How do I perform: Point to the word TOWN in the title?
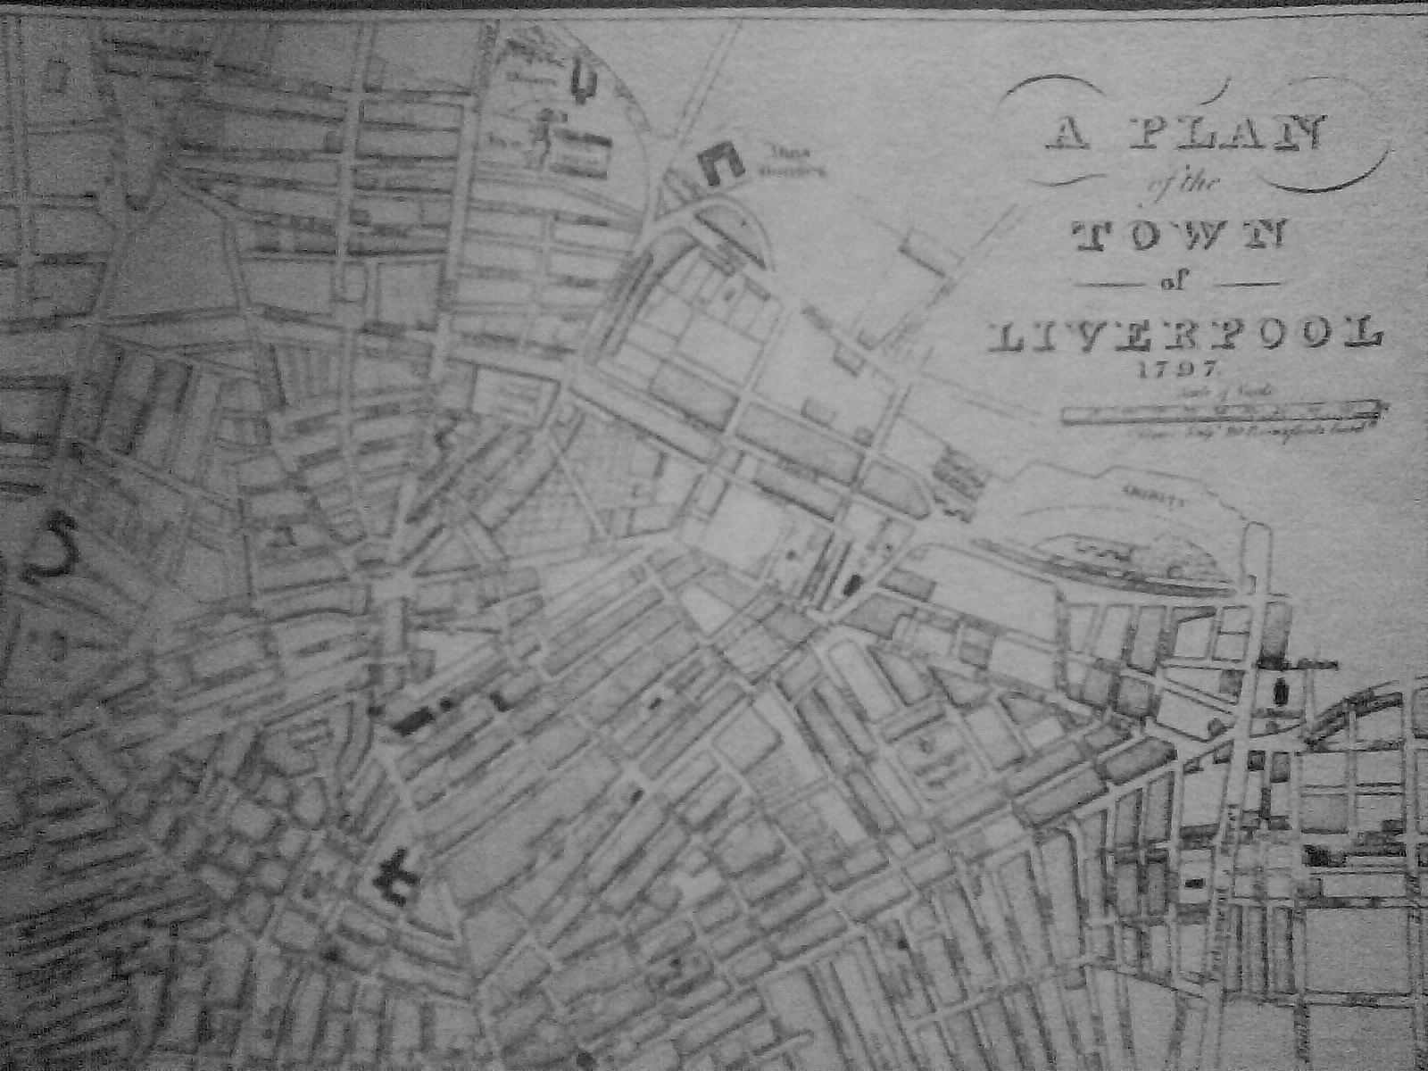[x=1179, y=234]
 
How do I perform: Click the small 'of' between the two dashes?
[x=1175, y=284]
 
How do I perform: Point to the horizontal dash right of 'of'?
[x=1241, y=285]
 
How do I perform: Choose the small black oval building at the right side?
[x=1283, y=692]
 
